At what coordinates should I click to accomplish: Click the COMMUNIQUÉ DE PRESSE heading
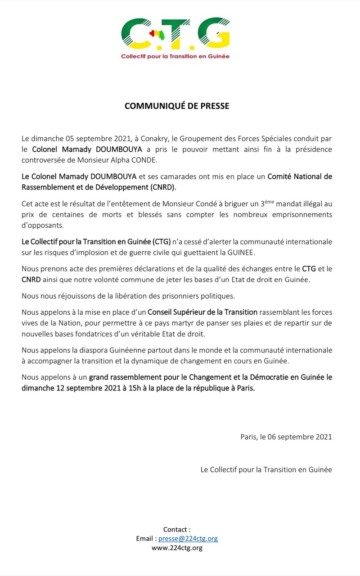(177, 106)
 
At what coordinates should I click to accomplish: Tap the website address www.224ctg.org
(177, 548)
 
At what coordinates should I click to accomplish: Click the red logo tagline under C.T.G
(175, 56)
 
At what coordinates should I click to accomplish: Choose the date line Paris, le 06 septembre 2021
(286, 437)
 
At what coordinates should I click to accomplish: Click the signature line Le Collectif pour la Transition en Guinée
(266, 470)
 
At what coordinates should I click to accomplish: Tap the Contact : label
(177, 530)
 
